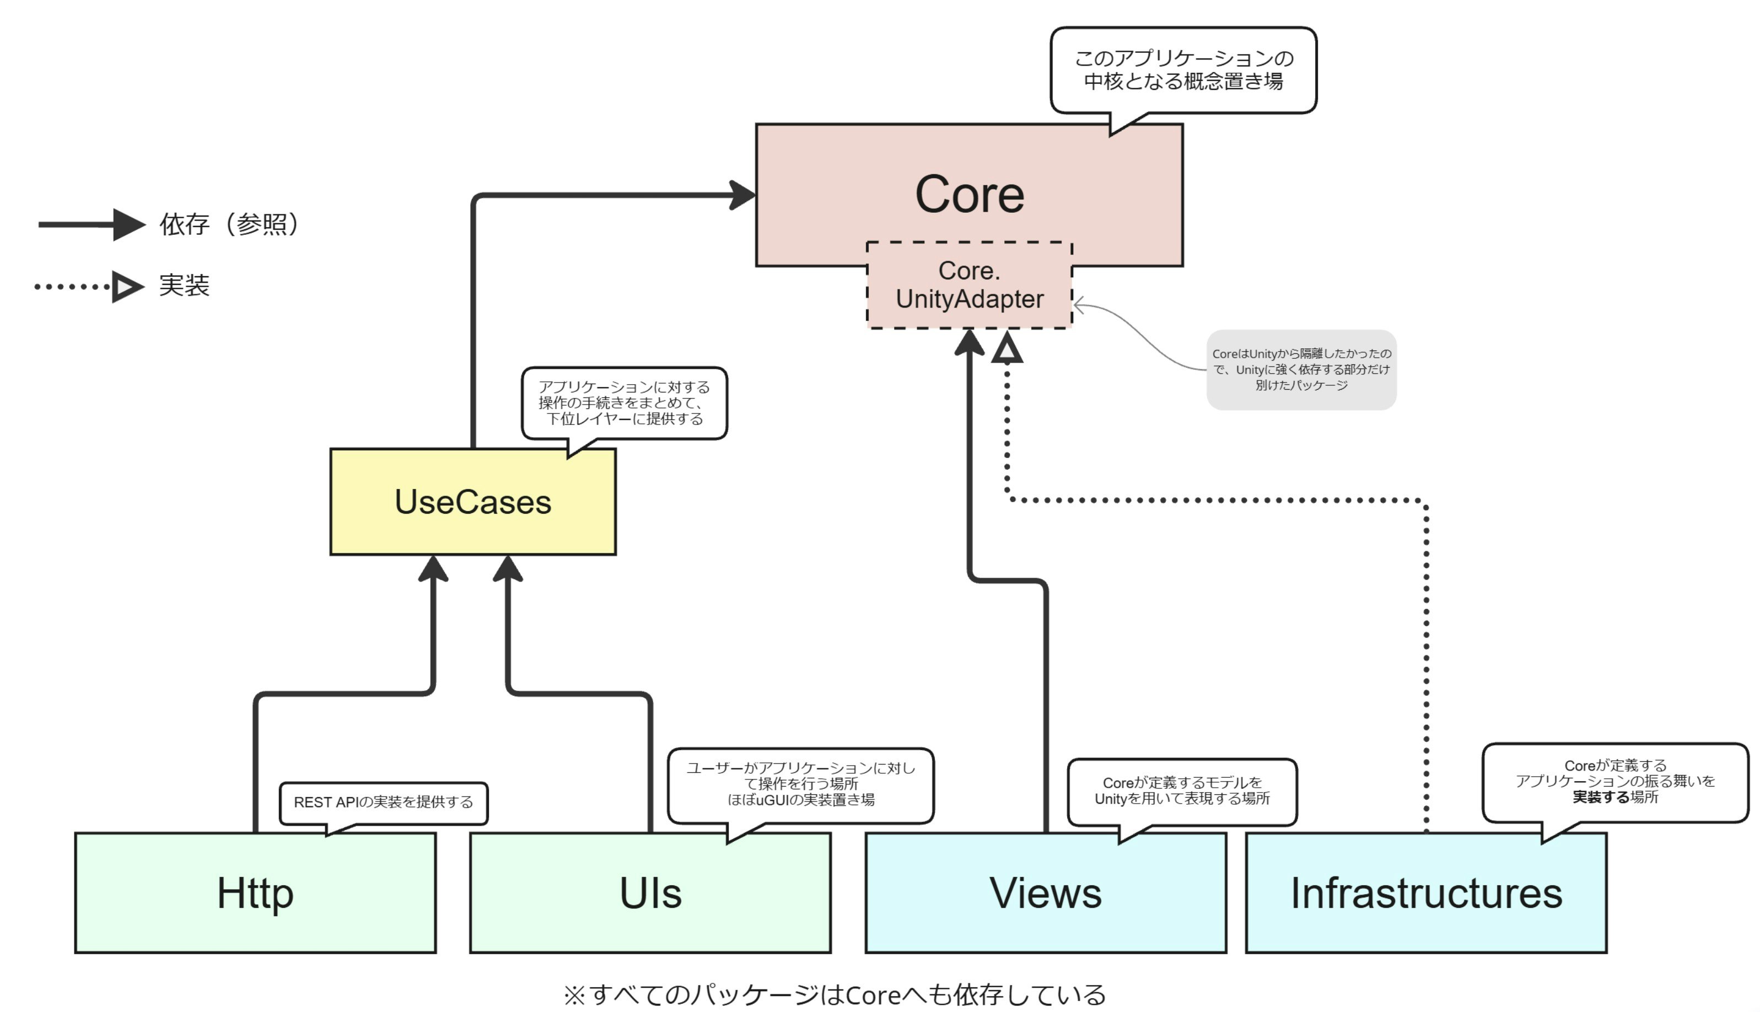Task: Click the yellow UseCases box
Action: coord(472,502)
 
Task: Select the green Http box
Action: coord(255,892)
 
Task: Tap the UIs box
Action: coord(650,892)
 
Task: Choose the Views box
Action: coord(1046,892)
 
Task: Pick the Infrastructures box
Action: coord(1426,892)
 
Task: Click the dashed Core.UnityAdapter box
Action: coord(969,285)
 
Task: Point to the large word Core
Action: coord(969,194)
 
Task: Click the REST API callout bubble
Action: coord(384,802)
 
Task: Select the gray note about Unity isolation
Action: coord(1301,369)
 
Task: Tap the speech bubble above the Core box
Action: coord(1183,69)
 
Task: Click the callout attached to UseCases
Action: coord(624,403)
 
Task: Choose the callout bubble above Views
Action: coord(1182,791)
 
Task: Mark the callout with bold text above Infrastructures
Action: coord(1615,782)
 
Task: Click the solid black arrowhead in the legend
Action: coord(128,224)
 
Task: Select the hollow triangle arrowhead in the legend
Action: coord(127,287)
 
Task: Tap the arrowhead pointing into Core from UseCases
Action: coord(742,195)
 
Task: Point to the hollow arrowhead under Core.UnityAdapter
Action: coord(1007,347)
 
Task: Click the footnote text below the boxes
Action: coord(834,994)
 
